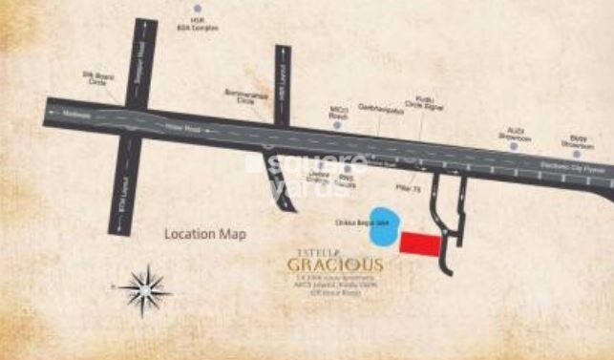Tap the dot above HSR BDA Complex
pos(197,10)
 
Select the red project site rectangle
pos(421,244)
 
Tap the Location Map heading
pos(205,234)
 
